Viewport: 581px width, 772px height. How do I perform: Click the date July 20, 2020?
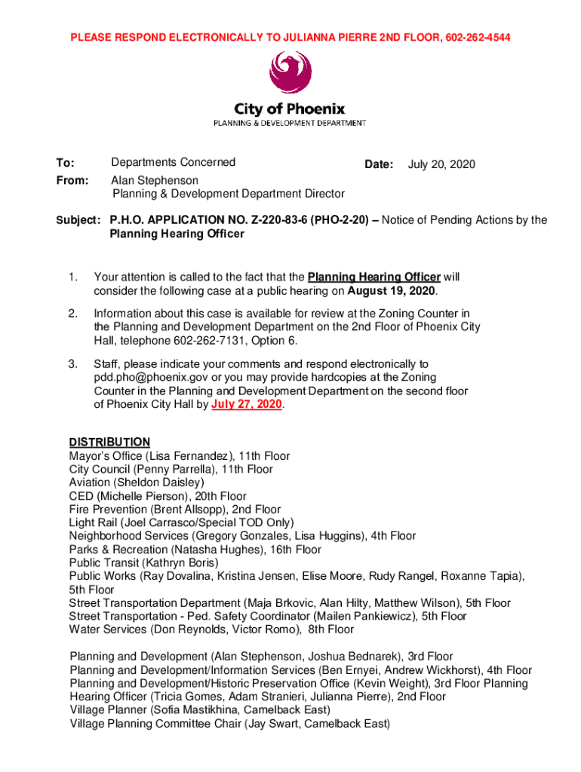(441, 164)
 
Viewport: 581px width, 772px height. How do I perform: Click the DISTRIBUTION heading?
(109, 442)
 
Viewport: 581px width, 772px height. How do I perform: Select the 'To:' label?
(65, 163)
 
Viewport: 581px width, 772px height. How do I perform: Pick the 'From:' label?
(72, 181)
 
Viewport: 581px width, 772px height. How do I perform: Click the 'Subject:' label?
(78, 220)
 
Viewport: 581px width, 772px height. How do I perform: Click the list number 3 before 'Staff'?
(73, 364)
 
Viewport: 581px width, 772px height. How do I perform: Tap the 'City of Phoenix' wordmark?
(290, 109)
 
